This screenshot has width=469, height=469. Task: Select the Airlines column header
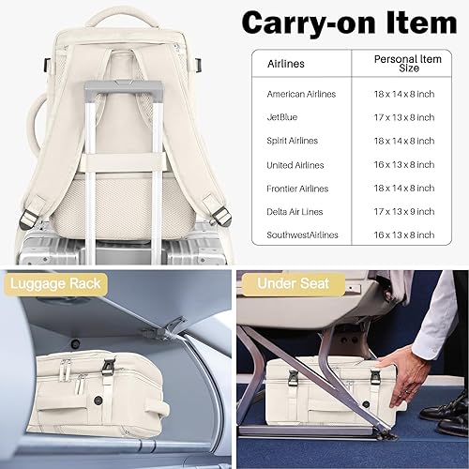click(x=286, y=63)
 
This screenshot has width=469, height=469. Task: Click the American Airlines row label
click(x=301, y=94)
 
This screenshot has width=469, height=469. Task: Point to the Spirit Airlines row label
click(x=293, y=141)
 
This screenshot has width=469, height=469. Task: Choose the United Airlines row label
click(x=295, y=164)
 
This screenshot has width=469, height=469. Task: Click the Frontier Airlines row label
click(x=296, y=188)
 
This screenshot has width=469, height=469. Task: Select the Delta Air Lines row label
click(x=296, y=211)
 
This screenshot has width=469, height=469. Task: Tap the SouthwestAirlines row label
click(x=302, y=234)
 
